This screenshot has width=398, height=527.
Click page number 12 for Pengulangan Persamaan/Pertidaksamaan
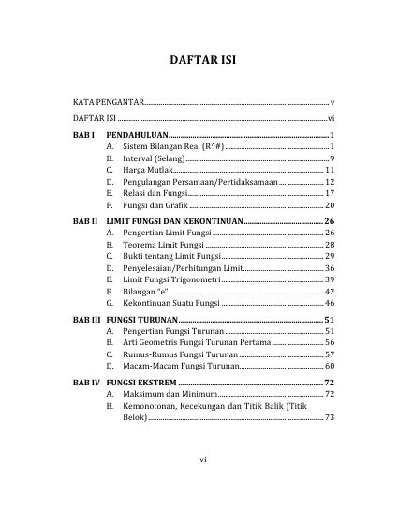(x=330, y=181)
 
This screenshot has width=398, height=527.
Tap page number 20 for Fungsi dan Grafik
(x=330, y=204)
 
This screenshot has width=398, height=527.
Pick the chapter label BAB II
(x=85, y=220)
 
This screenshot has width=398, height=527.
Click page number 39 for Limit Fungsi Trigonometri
(x=330, y=279)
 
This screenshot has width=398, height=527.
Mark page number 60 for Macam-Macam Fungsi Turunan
(x=330, y=366)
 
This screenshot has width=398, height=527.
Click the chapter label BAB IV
(x=86, y=384)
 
